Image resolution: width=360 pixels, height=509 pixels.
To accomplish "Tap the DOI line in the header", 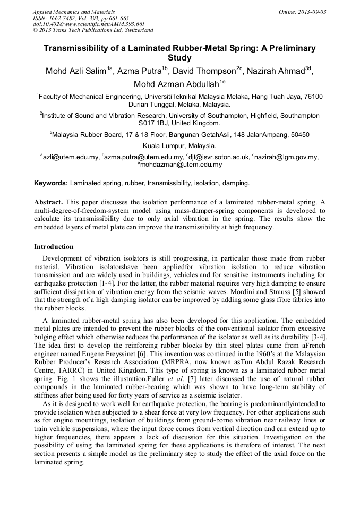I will (x=89, y=24).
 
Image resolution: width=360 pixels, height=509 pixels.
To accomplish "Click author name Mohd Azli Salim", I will (x=75, y=71).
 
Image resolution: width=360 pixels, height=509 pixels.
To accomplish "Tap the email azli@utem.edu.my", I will (x=71, y=157).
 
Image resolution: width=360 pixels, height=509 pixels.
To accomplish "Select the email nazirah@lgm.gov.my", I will (x=286, y=157).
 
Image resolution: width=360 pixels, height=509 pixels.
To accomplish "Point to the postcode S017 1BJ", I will (x=155, y=123).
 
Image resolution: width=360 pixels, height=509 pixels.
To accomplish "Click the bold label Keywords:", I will (x=51, y=183).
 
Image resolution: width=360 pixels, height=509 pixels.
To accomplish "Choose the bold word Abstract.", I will (x=48, y=202).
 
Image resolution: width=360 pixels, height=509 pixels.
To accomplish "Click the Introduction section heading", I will (x=54, y=247).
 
